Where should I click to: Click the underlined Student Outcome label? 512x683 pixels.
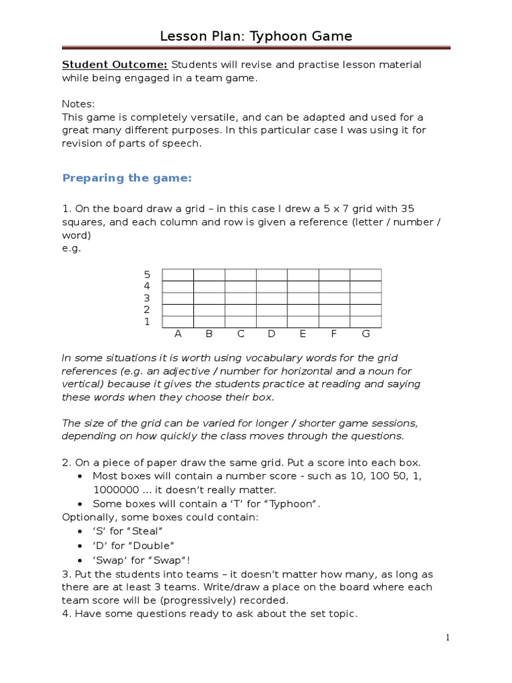click(115, 65)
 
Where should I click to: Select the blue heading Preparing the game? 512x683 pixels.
click(127, 177)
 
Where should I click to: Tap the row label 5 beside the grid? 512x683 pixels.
click(147, 275)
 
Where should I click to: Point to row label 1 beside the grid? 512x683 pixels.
click(147, 321)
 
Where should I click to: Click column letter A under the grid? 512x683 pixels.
click(178, 333)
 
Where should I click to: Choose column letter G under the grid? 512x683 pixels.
click(365, 333)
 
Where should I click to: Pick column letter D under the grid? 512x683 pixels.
click(271, 333)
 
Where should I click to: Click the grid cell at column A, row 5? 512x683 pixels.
click(178, 275)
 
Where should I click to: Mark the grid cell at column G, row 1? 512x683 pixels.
click(365, 321)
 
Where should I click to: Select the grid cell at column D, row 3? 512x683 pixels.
click(271, 298)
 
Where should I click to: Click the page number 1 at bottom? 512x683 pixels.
click(448, 638)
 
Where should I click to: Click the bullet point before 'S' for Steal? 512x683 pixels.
click(81, 532)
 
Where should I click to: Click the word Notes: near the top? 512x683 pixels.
click(79, 104)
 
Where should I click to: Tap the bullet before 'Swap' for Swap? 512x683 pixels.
click(81, 560)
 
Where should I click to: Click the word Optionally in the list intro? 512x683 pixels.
click(90, 517)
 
